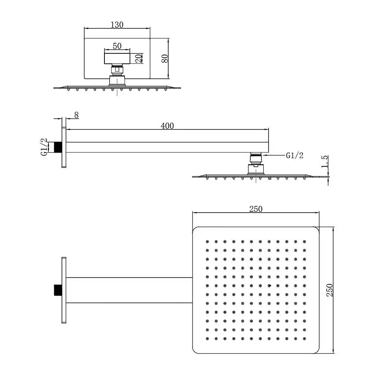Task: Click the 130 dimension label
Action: coord(117,25)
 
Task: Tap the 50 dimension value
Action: coord(117,46)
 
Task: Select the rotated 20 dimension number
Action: coord(139,58)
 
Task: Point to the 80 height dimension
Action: coord(164,59)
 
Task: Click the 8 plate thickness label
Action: coord(76,115)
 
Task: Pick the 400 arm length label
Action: coord(167,126)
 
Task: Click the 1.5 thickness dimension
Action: coord(325,162)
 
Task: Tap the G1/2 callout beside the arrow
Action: coord(295,155)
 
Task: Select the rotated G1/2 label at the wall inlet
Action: coord(44,147)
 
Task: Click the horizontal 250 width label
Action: coord(256,209)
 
